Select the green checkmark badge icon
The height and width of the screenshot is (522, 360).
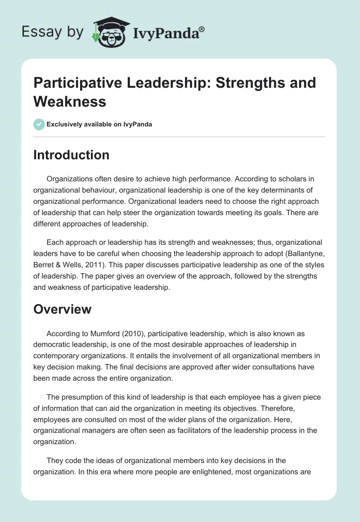coord(39,124)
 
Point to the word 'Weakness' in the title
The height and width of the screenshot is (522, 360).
coord(70,101)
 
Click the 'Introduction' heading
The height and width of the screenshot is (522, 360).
coord(71,155)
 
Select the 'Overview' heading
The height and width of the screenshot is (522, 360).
coord(62,309)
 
